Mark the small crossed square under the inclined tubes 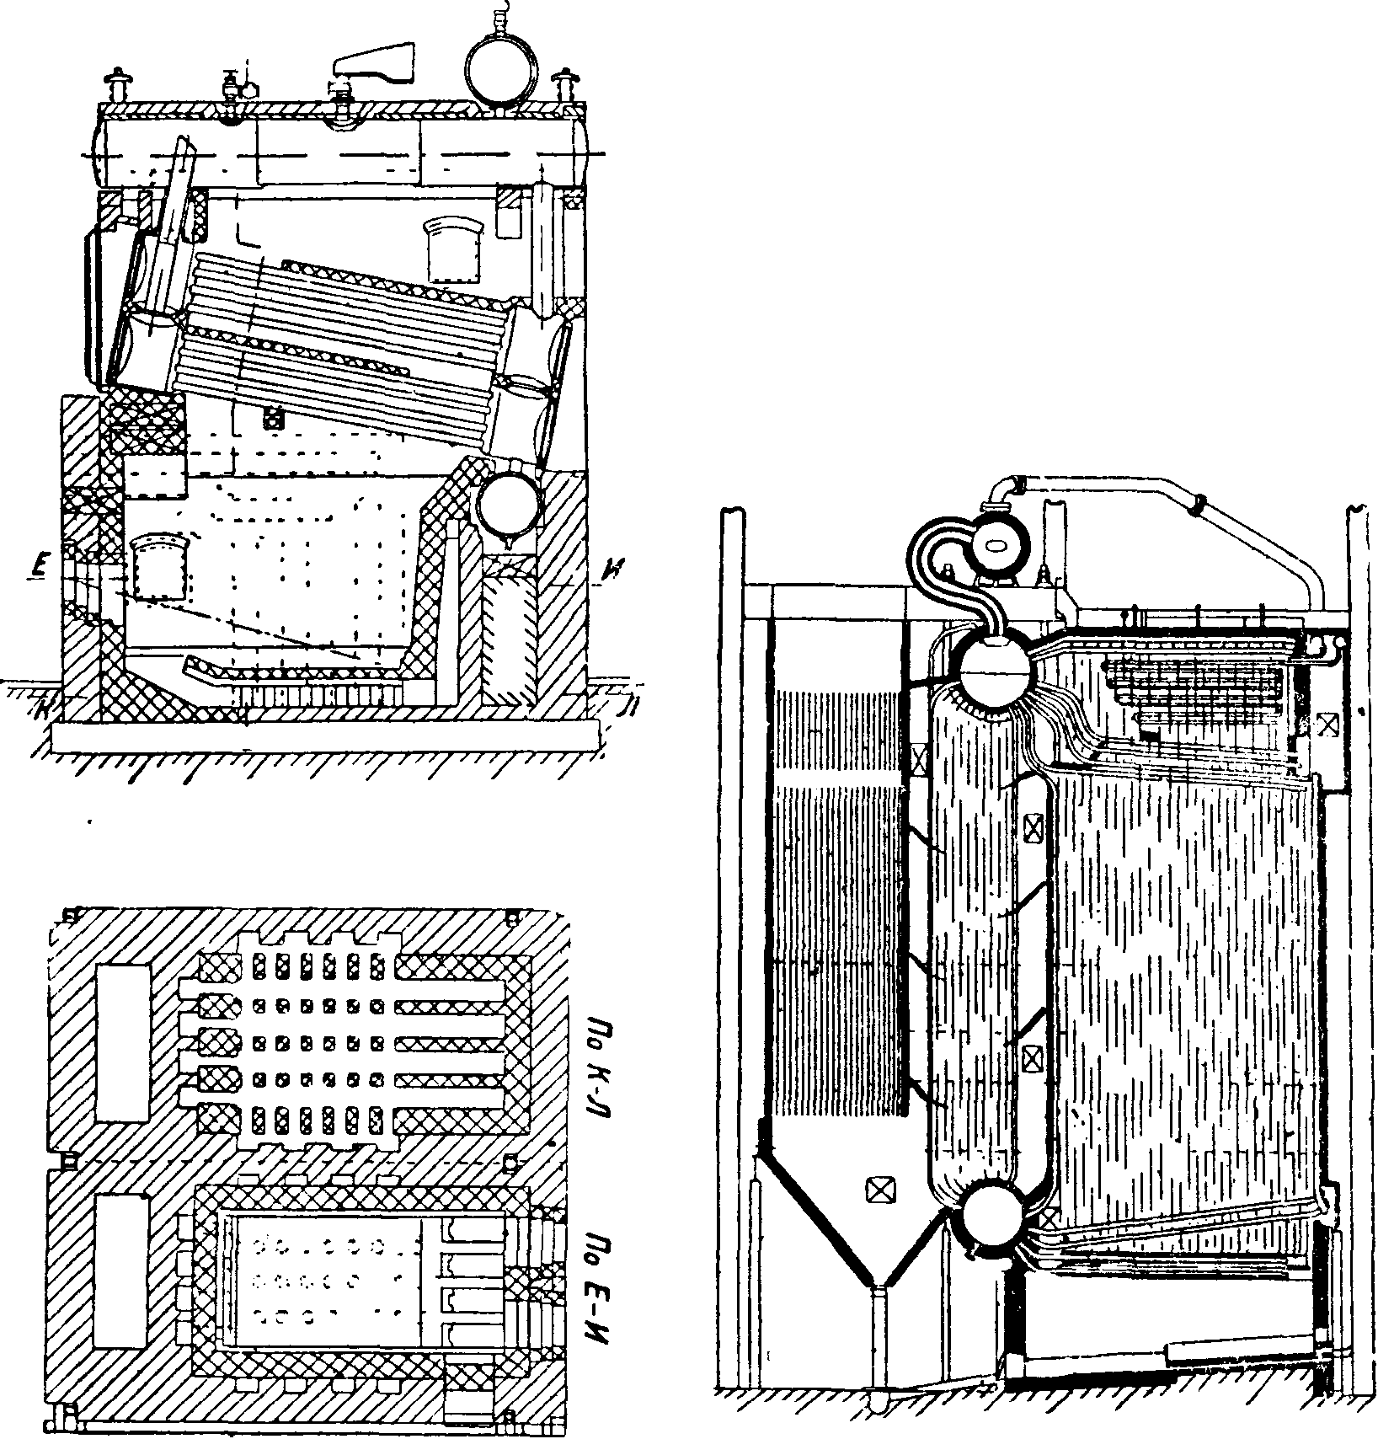272,417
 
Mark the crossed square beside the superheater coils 1326,725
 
